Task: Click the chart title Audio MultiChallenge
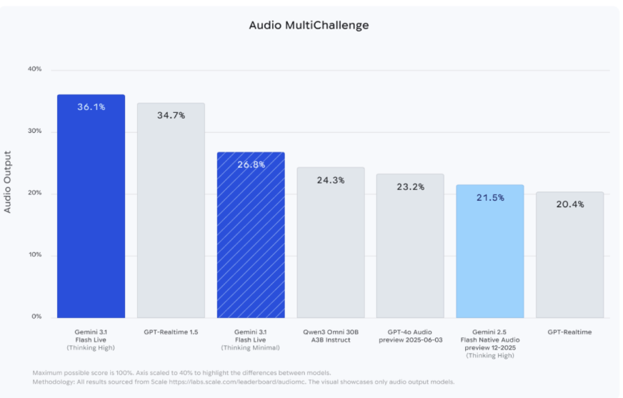(309, 26)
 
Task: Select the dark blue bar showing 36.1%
(91, 207)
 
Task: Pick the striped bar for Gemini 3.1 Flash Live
(251, 236)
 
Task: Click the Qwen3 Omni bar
(331, 243)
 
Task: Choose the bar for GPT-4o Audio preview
(410, 247)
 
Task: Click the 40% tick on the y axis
(34, 69)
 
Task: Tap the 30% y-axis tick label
(34, 131)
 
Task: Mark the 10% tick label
(34, 255)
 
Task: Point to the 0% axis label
(36, 317)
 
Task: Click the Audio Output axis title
(8, 182)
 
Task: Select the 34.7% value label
(171, 115)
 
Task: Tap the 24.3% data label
(331, 180)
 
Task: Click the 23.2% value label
(410, 187)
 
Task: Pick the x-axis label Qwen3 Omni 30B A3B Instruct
(331, 336)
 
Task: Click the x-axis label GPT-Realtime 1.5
(171, 332)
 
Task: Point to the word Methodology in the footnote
(53, 382)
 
